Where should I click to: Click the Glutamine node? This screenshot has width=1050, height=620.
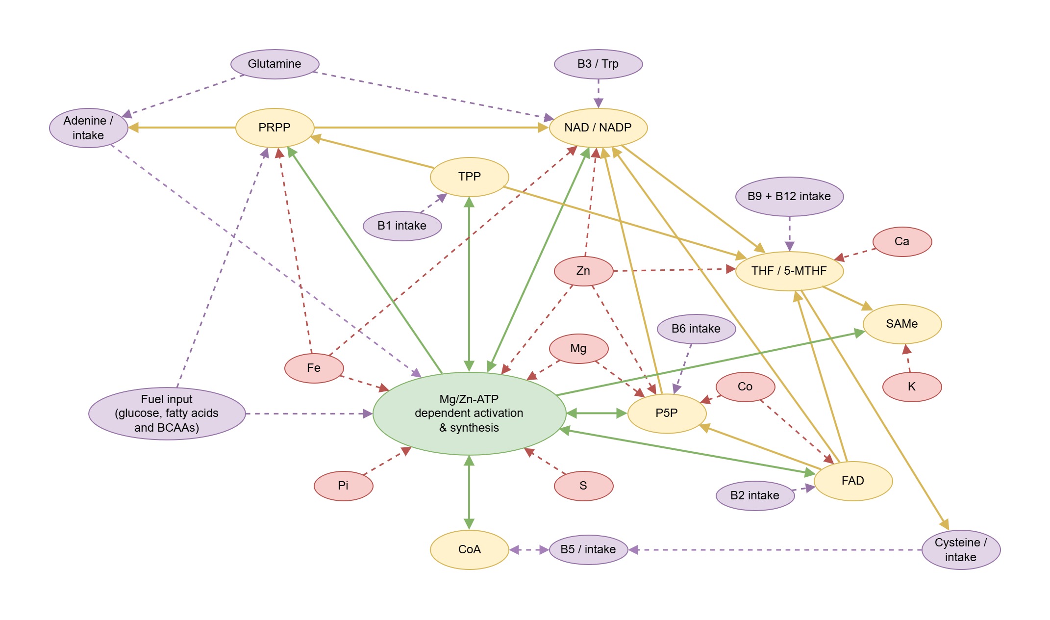point(275,64)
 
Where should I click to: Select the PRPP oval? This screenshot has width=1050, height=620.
point(275,128)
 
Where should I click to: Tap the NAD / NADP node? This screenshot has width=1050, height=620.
point(598,128)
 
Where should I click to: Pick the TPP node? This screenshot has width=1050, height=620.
point(469,177)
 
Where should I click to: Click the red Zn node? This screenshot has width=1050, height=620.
point(583,271)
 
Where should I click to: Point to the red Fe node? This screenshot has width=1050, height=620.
point(314,368)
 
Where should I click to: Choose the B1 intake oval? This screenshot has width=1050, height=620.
point(402,226)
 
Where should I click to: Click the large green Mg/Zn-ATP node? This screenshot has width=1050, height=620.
point(469,413)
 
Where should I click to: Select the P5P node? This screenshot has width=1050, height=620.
point(667,413)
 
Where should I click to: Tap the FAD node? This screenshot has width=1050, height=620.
point(853,481)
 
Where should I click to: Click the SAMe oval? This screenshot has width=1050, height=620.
point(902,324)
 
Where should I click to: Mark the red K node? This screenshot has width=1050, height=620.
point(912,387)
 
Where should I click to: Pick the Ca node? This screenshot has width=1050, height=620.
point(902,241)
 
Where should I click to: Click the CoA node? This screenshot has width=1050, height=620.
point(469,549)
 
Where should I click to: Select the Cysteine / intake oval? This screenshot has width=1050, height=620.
point(961,549)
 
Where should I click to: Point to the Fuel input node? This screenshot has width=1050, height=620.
point(167,413)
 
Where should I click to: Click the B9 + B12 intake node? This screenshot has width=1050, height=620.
point(789,196)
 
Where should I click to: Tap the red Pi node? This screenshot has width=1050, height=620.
point(343,486)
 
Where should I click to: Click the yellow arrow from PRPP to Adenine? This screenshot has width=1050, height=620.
point(181,128)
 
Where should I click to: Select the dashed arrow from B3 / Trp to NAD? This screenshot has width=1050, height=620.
point(598,92)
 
